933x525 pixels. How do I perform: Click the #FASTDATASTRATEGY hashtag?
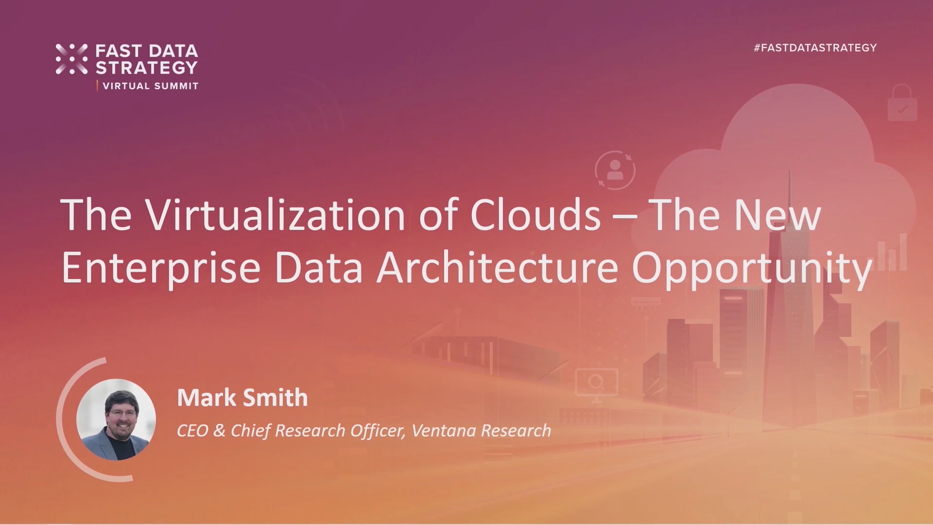[815, 48]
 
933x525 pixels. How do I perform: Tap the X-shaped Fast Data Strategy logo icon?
[71, 59]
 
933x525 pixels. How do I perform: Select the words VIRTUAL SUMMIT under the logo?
[151, 86]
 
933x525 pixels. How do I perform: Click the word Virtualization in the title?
[276, 214]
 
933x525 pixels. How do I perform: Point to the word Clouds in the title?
[535, 214]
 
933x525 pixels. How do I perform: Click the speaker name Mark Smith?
[242, 398]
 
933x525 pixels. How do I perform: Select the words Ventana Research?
[481, 431]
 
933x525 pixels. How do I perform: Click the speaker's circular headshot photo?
[116, 419]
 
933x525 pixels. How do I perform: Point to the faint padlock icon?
[902, 103]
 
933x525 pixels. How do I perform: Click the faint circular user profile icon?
[615, 170]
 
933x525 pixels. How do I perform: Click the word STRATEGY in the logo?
[146, 68]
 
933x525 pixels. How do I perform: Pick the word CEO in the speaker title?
[192, 431]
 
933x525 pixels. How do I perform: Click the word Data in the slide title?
[318, 268]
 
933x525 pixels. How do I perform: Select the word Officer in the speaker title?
[378, 431]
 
